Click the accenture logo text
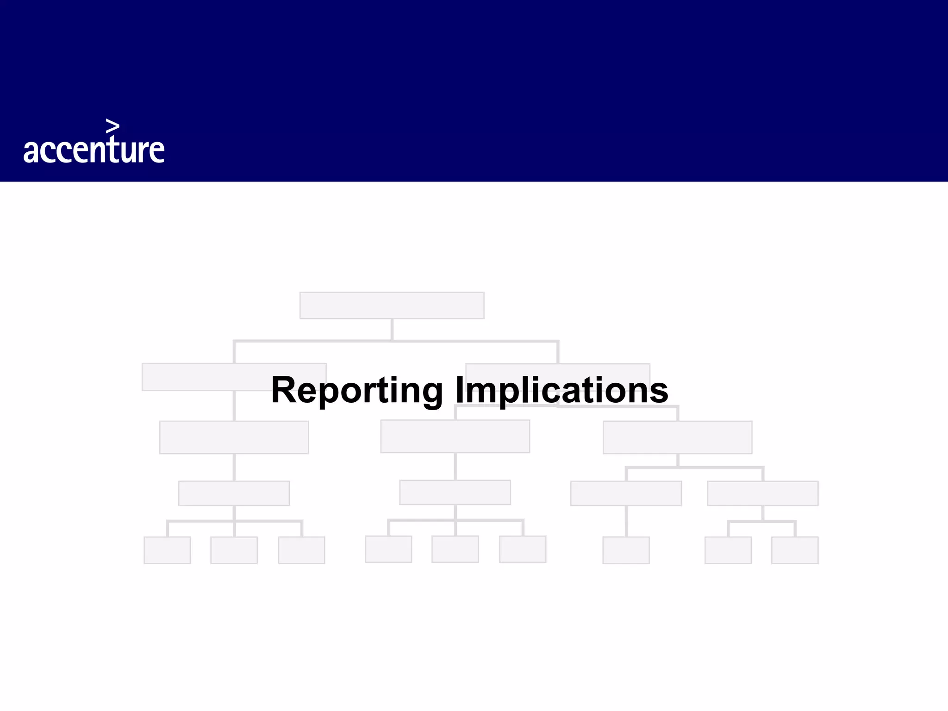(x=94, y=150)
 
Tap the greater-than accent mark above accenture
(x=112, y=126)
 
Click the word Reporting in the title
(x=357, y=390)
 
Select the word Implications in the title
(x=561, y=390)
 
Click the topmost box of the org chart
(x=392, y=305)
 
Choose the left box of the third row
(x=234, y=437)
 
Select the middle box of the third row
(x=455, y=436)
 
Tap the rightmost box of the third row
(x=677, y=437)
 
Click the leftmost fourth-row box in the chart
(x=234, y=493)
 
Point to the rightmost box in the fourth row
(x=762, y=493)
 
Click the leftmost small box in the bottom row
(x=167, y=550)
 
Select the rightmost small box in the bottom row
(x=794, y=550)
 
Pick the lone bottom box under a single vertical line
(x=626, y=550)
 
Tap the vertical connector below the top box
(x=392, y=329)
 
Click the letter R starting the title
(x=283, y=390)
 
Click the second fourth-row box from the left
(x=455, y=492)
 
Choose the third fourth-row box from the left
(x=626, y=493)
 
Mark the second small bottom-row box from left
(x=234, y=550)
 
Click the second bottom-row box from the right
(x=728, y=550)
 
